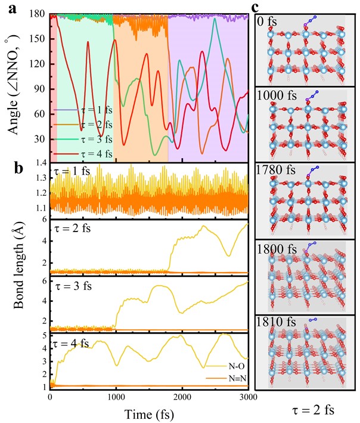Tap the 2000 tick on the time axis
[x=182, y=397]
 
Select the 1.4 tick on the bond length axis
[x=41, y=164]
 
